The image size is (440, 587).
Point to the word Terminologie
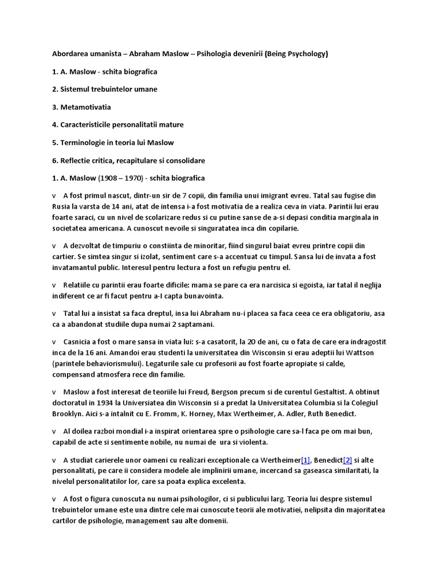coord(85,142)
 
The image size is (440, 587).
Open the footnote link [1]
coord(305,460)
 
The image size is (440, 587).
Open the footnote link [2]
coord(347,460)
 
